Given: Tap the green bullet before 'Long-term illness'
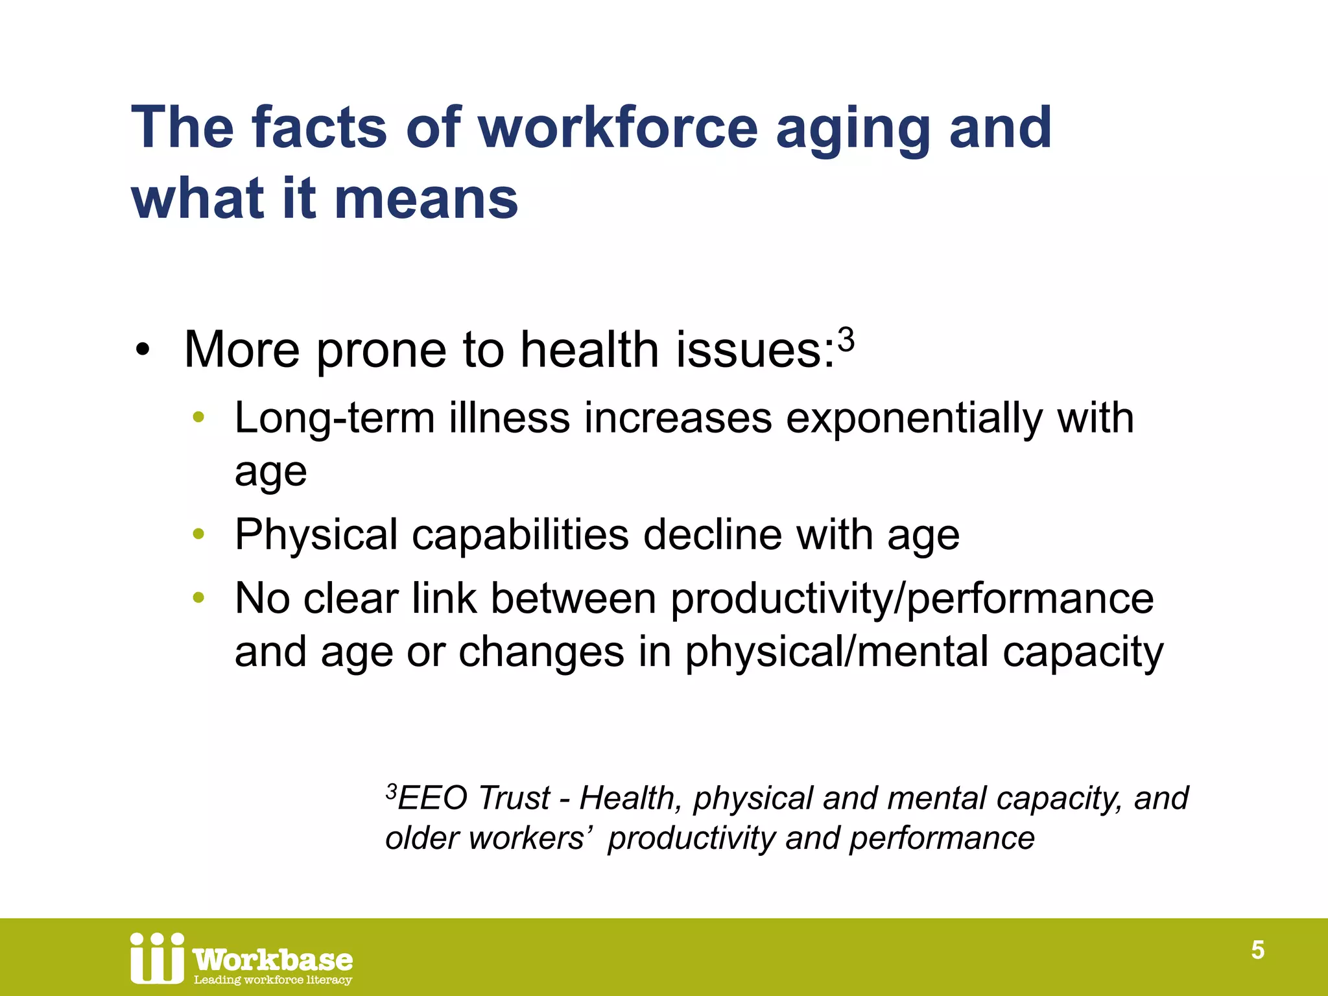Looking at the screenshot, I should click(198, 418).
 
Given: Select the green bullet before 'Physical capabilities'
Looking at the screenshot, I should click(198, 535).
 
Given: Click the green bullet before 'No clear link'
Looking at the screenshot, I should click(198, 598).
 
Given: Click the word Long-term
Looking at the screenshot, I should click(335, 418).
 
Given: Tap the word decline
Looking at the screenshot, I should click(712, 535).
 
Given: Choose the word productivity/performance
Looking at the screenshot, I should click(912, 599).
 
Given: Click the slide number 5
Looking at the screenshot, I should click(1257, 950).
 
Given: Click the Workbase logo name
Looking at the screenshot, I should click(273, 959).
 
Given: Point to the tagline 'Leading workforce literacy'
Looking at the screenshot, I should click(273, 980).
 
